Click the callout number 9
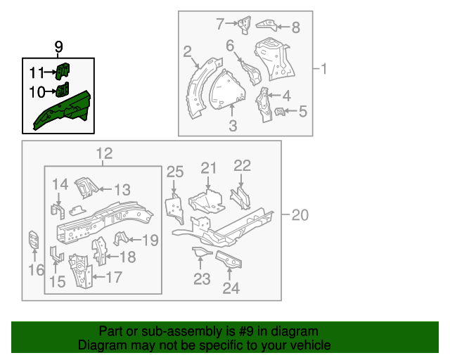(58, 47)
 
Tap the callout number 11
(37, 72)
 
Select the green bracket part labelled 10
(63, 89)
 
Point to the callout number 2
(188, 51)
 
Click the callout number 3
(232, 127)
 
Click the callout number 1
(324, 69)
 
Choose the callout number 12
(103, 154)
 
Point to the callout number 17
(114, 277)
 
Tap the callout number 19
(150, 240)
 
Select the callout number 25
(174, 172)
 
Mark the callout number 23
(202, 281)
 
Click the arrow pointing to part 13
(103, 188)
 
